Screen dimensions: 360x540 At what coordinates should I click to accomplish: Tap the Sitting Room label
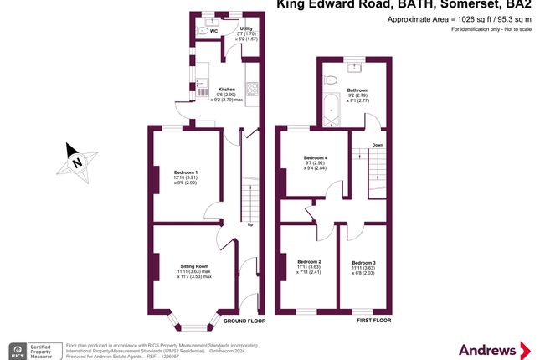click(x=193, y=264)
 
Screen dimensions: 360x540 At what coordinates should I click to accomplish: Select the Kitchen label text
click(x=226, y=90)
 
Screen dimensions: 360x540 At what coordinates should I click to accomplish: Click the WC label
click(x=213, y=31)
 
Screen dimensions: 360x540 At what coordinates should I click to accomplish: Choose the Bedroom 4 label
click(x=315, y=157)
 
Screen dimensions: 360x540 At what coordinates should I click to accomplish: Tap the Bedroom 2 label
click(x=309, y=262)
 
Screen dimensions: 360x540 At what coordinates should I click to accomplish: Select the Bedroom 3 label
click(x=363, y=262)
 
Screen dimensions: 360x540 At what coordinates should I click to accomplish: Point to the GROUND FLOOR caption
click(x=244, y=321)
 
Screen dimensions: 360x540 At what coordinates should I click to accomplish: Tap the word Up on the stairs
click(x=249, y=224)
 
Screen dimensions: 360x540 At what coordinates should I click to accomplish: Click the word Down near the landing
click(x=378, y=144)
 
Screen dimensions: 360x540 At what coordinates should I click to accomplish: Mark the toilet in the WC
click(x=202, y=31)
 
